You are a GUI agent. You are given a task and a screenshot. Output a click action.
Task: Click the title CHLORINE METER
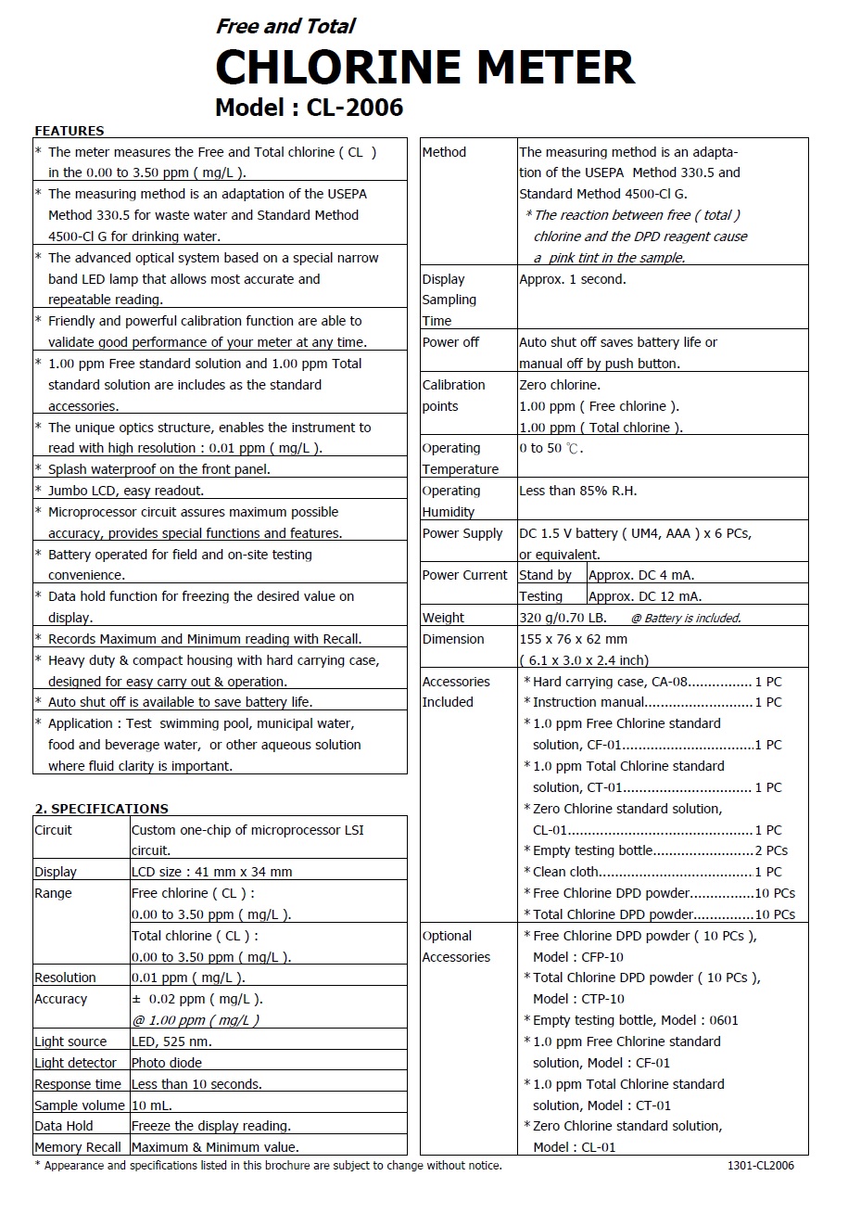tap(424, 68)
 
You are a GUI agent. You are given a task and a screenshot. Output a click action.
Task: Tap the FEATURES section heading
tap(70, 131)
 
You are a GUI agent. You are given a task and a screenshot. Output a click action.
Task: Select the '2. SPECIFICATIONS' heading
tap(102, 808)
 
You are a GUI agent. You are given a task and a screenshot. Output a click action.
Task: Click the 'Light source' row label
tap(70, 1041)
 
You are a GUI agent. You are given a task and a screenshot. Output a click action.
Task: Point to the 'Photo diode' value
tap(167, 1063)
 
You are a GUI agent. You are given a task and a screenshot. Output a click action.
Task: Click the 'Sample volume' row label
tap(79, 1105)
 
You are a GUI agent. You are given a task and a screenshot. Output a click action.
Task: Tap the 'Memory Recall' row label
tap(78, 1147)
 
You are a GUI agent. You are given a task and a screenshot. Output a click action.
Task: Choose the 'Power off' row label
tap(450, 342)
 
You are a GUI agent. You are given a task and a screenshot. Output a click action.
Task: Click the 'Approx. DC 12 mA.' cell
tap(645, 596)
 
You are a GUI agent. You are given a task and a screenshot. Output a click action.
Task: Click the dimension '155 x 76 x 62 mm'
tap(574, 639)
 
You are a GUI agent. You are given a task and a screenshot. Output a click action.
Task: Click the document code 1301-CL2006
tap(761, 1166)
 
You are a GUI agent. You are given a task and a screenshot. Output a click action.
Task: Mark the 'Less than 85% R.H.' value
tap(578, 491)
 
